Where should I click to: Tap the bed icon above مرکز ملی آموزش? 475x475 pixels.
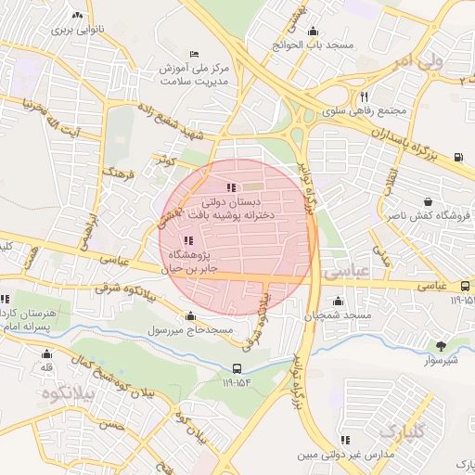193,54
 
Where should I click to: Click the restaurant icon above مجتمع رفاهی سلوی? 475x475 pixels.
365,96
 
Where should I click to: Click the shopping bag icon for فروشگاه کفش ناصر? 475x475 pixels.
428,200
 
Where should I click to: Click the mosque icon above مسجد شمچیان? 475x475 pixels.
338,301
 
